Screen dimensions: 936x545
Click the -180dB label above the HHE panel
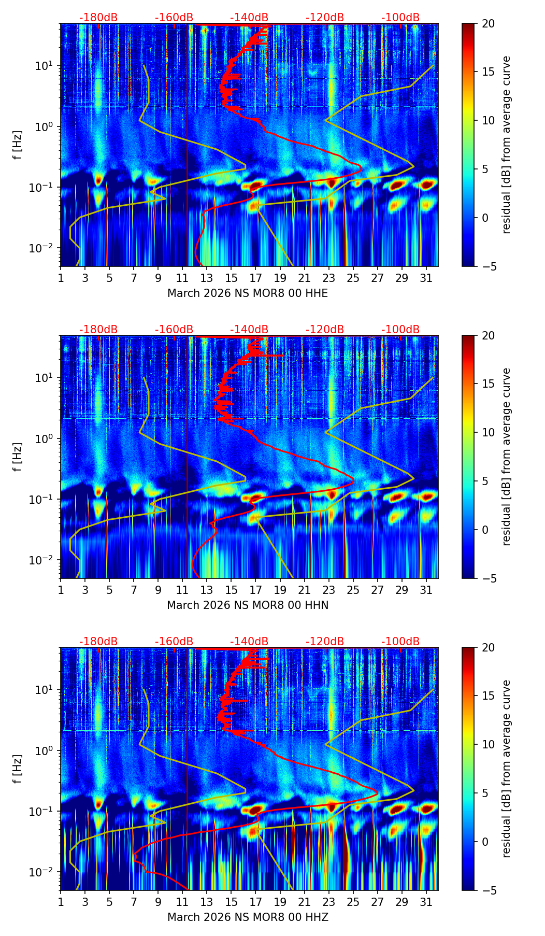click(98, 18)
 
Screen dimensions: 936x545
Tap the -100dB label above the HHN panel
click(400, 330)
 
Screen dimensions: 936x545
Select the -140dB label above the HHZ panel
click(249, 642)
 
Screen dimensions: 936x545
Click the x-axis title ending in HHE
click(247, 293)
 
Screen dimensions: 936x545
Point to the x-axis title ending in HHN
click(247, 605)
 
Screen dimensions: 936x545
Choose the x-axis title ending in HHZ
click(247, 917)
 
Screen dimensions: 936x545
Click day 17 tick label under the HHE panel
click(255, 278)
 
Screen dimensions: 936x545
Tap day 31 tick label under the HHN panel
click(426, 590)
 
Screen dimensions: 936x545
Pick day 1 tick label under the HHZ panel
click(61, 902)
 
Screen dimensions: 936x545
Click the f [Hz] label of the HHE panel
click(18, 145)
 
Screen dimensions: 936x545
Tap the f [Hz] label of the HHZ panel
click(18, 769)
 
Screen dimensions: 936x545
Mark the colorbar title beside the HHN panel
click(506, 457)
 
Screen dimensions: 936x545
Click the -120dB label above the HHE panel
click(325, 18)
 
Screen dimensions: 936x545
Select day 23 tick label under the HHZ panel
click(328, 902)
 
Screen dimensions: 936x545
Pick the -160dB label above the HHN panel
click(174, 330)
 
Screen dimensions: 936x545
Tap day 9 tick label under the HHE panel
click(158, 278)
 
